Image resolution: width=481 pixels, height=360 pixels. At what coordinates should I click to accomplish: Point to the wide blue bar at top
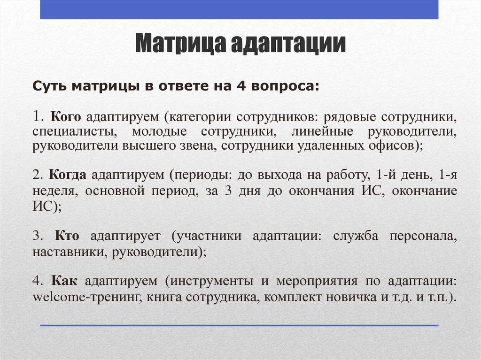239,9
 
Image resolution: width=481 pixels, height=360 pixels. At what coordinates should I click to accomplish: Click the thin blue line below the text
239,325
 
